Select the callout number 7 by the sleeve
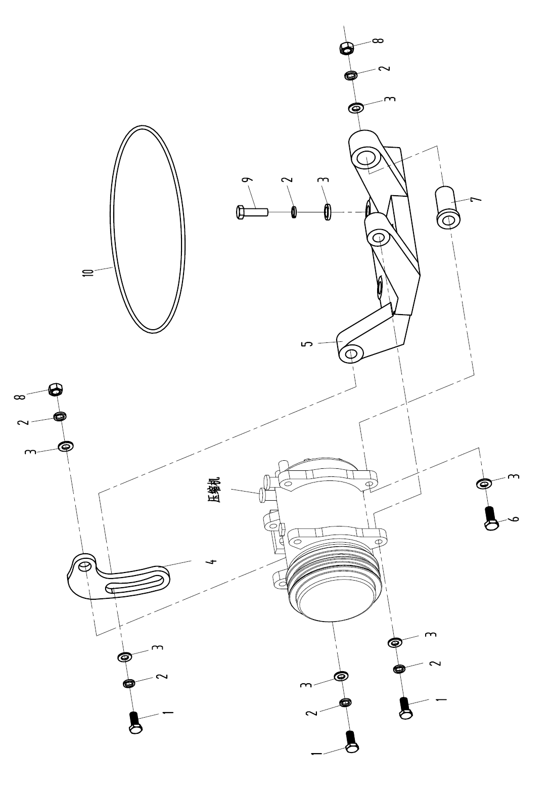pyautogui.click(x=477, y=199)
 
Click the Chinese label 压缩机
pyautogui.click(x=215, y=490)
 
